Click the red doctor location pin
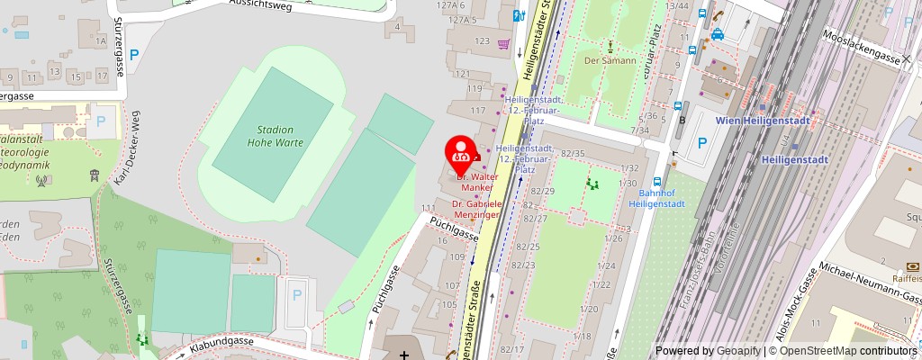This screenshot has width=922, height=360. click(x=462, y=153)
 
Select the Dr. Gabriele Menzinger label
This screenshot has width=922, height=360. click(x=476, y=210)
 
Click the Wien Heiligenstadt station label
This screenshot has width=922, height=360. click(x=764, y=121)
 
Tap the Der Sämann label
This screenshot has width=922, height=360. click(x=610, y=61)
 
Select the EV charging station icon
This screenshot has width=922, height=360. click(x=519, y=15)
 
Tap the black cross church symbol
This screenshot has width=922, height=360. click(x=404, y=355)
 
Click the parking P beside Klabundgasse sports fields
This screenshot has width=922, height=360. click(x=296, y=294)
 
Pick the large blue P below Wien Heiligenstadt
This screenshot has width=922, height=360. click(x=701, y=143)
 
